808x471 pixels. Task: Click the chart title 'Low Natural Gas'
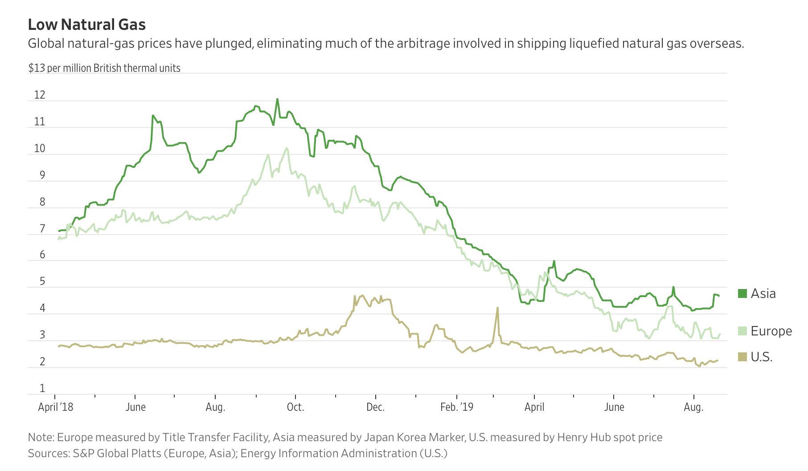[87, 25]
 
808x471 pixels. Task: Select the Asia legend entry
[757, 293]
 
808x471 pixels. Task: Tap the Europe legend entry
[765, 331]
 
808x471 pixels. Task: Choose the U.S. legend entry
[755, 357]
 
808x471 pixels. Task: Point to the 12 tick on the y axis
[40, 95]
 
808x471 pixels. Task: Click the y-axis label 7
[42, 229]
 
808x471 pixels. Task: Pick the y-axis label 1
[43, 388]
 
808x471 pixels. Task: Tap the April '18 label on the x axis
[56, 407]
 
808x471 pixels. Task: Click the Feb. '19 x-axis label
[457, 407]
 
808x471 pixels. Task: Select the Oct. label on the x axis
[295, 407]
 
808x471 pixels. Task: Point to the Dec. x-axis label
[375, 407]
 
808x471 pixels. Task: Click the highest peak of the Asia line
[277, 99]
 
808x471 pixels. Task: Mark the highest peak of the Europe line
[287, 149]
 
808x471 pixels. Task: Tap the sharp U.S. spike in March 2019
[497, 308]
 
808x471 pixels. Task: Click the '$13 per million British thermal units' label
[104, 68]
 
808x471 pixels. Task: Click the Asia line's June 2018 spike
[153, 116]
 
